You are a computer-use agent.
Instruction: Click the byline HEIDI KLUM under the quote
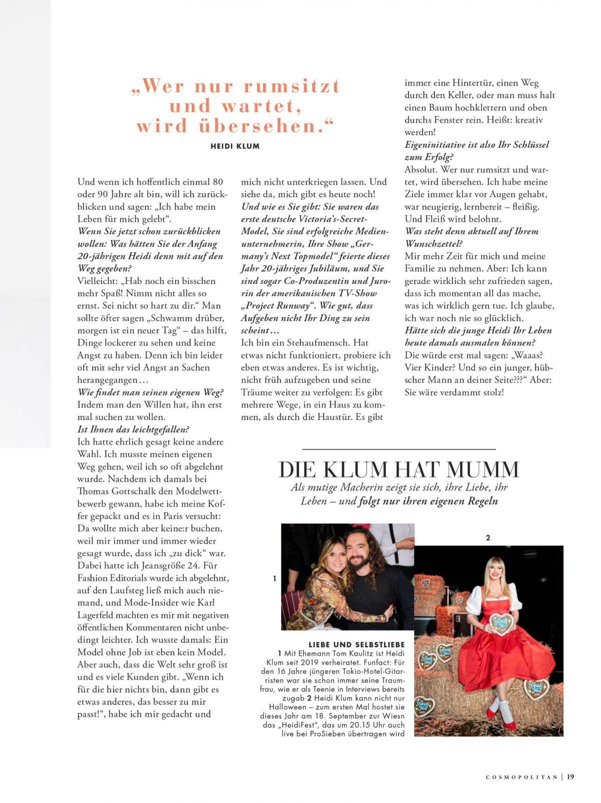(x=235, y=146)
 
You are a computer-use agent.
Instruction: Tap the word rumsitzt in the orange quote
(x=291, y=86)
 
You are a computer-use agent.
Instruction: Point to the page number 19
(x=570, y=777)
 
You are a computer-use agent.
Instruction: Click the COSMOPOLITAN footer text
(x=521, y=777)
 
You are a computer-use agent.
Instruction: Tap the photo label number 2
(x=488, y=538)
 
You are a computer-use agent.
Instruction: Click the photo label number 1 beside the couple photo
(x=274, y=579)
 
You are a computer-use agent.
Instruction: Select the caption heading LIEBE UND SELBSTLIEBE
(x=356, y=645)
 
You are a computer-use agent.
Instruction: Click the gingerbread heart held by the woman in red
(x=501, y=624)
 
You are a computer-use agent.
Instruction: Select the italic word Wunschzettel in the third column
(x=434, y=244)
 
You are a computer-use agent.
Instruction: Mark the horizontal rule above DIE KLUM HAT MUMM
(x=399, y=450)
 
